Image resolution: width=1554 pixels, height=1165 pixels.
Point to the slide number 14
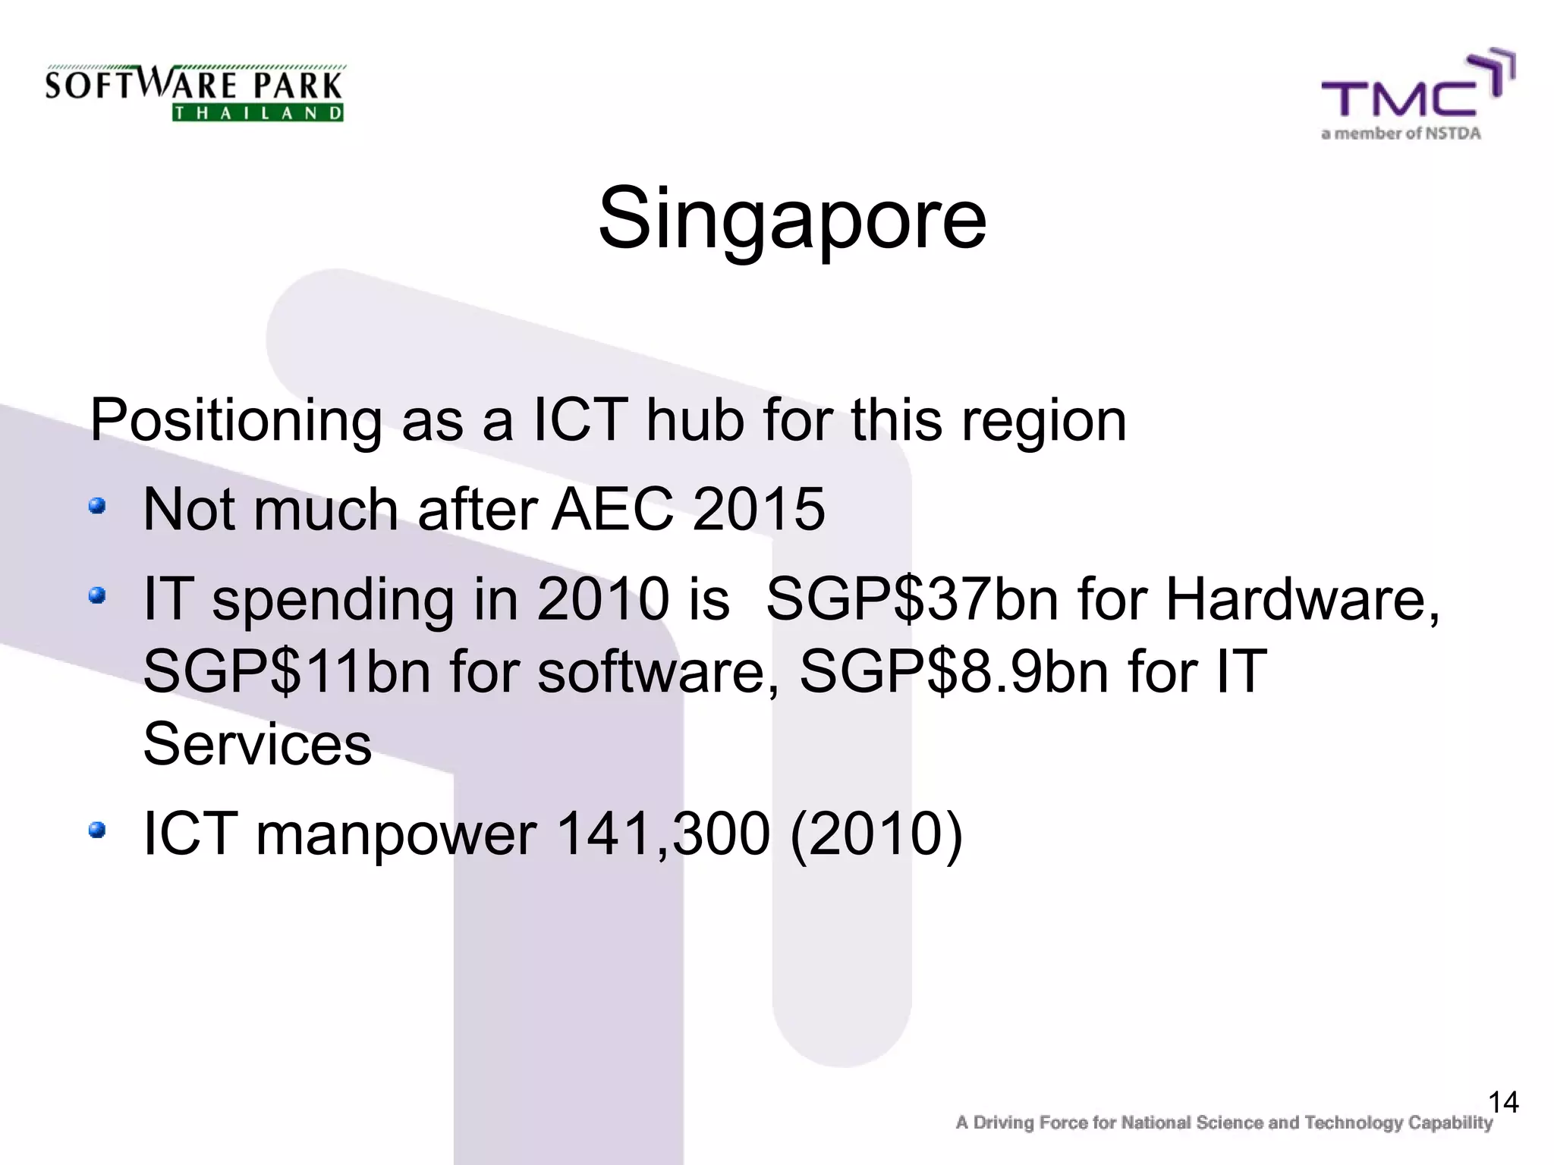pos(1503,1102)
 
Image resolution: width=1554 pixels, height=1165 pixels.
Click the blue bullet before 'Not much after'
pos(96,506)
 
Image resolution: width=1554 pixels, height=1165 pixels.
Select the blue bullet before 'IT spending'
pos(96,596)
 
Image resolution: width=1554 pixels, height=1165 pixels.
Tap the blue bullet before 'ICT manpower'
pos(96,831)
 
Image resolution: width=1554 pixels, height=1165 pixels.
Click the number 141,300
pos(662,834)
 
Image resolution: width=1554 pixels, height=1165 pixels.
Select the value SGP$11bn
pos(287,671)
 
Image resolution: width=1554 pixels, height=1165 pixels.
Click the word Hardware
pos(1301,599)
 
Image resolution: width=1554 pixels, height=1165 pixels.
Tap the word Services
pos(257,744)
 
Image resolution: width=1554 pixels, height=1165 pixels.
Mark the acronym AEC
pos(612,509)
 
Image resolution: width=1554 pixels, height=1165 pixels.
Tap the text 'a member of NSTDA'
pos(1401,134)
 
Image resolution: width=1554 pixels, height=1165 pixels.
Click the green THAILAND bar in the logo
pos(258,114)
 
